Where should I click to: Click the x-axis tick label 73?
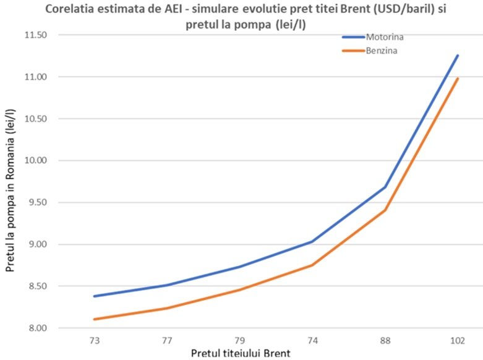(x=95, y=341)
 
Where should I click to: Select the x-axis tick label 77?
(x=167, y=341)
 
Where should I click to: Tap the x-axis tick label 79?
(x=239, y=341)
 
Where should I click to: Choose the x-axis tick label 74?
(x=312, y=341)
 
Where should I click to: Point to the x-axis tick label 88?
(x=385, y=341)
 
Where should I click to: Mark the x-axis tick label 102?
(x=457, y=341)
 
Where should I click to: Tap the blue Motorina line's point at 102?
(x=458, y=55)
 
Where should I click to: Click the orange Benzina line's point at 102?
(x=458, y=79)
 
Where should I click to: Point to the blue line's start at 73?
(x=95, y=296)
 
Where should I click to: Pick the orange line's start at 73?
(x=95, y=319)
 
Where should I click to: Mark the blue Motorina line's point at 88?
(x=385, y=187)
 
